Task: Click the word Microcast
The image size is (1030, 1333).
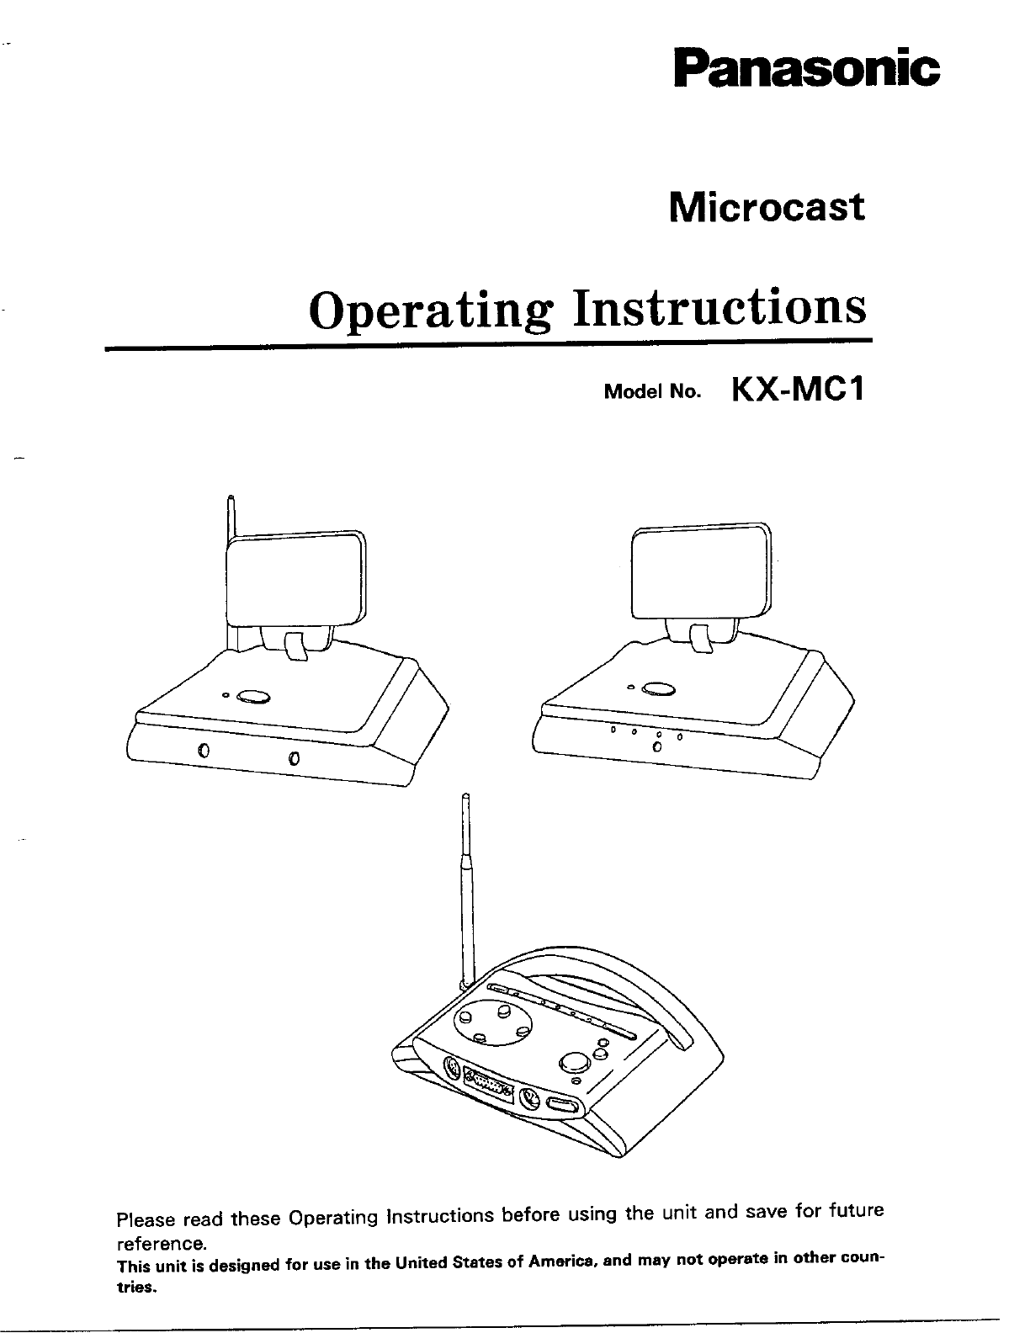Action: coord(766,207)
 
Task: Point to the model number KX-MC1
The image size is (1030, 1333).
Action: coord(799,390)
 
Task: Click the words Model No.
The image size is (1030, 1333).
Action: coord(652,393)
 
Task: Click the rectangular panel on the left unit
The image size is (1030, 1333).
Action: coord(296,581)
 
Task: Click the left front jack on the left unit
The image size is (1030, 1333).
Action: coord(202,751)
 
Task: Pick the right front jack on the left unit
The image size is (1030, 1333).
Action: coord(293,759)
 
